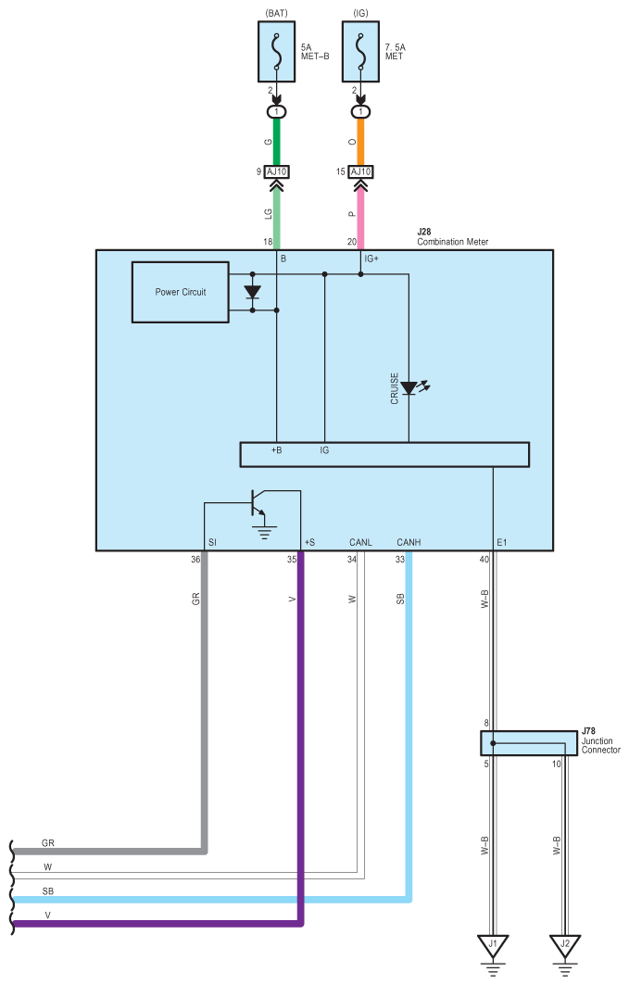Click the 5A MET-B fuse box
click(276, 52)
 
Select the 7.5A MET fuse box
click(360, 52)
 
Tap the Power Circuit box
click(180, 292)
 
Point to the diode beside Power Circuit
click(252, 292)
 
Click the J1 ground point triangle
click(493, 945)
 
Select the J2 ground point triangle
click(565, 945)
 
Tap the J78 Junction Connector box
click(529, 743)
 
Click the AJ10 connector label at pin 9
click(276, 171)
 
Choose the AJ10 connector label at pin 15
click(360, 171)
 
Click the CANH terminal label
click(409, 542)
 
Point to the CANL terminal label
click(360, 542)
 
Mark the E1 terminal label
click(501, 542)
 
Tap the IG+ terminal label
click(371, 259)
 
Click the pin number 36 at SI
click(195, 559)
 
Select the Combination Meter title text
click(453, 242)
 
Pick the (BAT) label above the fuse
click(277, 13)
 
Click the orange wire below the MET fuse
click(360, 142)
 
